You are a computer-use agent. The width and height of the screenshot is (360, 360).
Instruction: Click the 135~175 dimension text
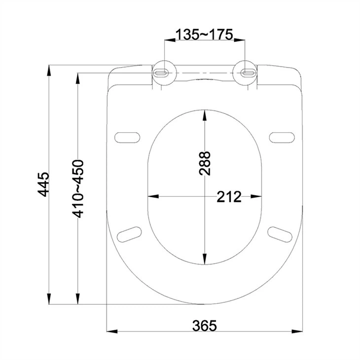204,35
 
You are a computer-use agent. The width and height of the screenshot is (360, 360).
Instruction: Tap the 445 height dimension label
44,184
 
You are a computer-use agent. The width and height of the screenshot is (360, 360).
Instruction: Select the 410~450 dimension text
77,189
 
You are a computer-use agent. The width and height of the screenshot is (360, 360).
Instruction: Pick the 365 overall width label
205,325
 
